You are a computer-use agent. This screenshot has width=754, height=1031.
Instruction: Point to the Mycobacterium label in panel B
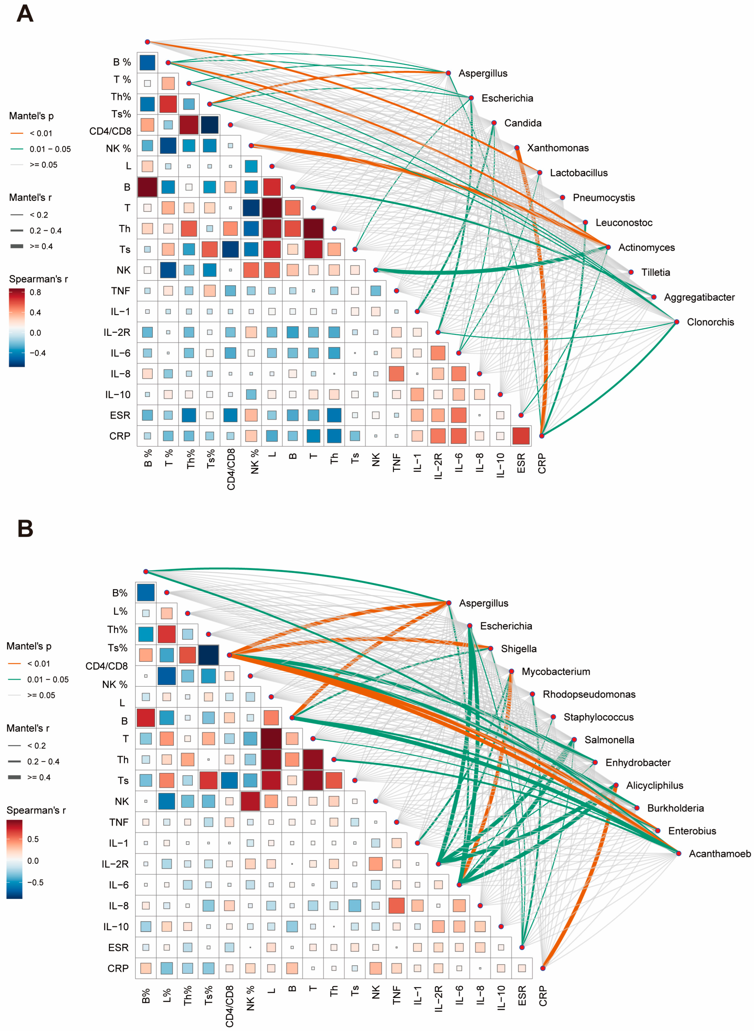(x=556, y=672)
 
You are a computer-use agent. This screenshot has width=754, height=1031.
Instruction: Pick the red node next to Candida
(x=494, y=123)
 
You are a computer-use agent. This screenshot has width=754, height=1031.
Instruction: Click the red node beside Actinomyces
(x=608, y=247)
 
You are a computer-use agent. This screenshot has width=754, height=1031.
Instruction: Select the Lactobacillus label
(x=578, y=173)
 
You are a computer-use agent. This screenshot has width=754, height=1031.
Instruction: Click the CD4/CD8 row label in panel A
(x=110, y=131)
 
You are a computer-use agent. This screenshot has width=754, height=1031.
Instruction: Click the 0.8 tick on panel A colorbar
(x=35, y=293)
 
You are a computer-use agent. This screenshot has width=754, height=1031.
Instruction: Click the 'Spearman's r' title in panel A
(x=38, y=279)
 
